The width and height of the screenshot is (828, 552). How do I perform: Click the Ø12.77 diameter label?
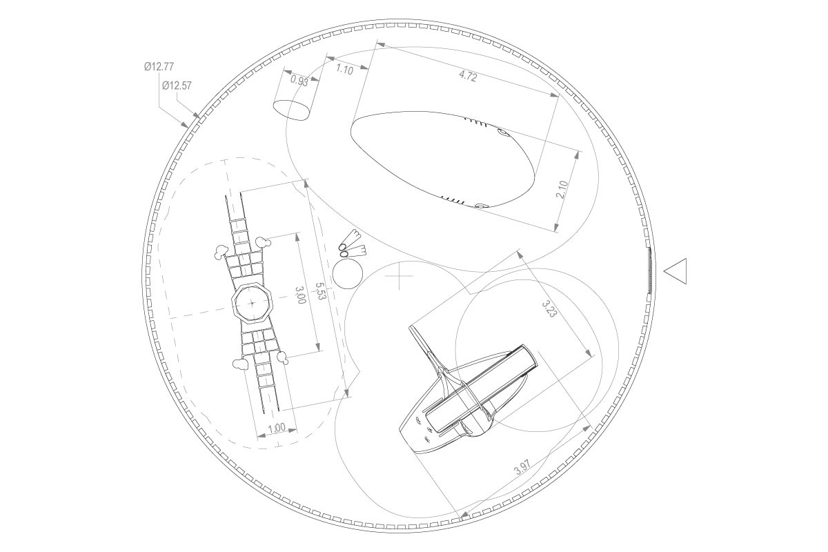pyautogui.click(x=159, y=66)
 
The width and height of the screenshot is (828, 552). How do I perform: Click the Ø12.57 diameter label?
pyautogui.click(x=177, y=86)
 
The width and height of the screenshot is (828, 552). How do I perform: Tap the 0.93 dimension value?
pyautogui.click(x=299, y=81)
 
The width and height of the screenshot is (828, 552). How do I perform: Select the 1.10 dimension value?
pyautogui.click(x=344, y=70)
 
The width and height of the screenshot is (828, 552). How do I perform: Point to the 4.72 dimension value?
pyautogui.click(x=468, y=77)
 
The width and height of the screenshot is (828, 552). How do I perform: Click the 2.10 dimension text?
pyautogui.click(x=562, y=189)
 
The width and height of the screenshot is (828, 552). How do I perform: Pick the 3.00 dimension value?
pyautogui.click(x=301, y=295)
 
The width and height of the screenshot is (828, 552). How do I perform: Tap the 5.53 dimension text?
pyautogui.click(x=321, y=291)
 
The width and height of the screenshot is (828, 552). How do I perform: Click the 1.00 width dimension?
pyautogui.click(x=277, y=428)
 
